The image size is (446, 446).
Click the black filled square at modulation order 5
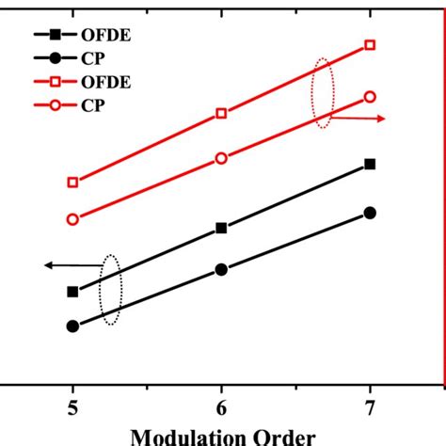click(x=72, y=292)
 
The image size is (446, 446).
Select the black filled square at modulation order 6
click(x=221, y=228)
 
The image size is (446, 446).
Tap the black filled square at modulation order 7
click(x=370, y=164)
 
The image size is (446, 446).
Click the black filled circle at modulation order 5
click(x=72, y=327)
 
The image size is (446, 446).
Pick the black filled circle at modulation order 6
click(x=221, y=270)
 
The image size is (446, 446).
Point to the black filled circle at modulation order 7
click(x=370, y=214)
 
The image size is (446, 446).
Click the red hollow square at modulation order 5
click(x=72, y=183)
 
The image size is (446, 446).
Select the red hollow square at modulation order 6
click(x=221, y=114)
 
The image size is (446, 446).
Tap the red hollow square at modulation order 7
click(x=370, y=45)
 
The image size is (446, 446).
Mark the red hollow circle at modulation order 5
click(x=72, y=219)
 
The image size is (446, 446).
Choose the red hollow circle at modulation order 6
click(x=221, y=158)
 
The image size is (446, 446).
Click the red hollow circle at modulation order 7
click(x=370, y=97)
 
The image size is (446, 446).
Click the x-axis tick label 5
click(x=72, y=407)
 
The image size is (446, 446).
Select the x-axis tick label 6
click(x=221, y=407)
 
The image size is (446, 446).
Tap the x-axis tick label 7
click(x=370, y=407)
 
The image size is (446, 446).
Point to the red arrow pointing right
click(x=362, y=119)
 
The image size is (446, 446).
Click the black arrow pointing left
click(x=71, y=266)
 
